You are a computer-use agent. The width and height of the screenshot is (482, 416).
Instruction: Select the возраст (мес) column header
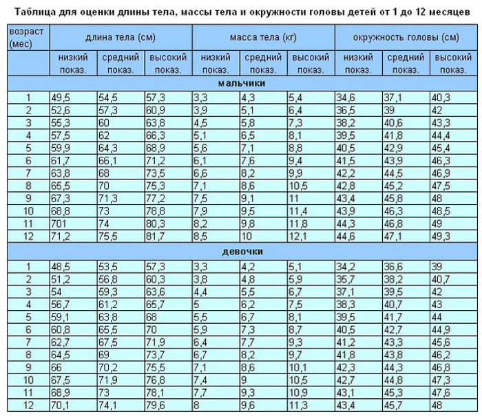point(28,38)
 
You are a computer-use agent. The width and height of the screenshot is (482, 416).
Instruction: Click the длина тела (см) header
point(120,36)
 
